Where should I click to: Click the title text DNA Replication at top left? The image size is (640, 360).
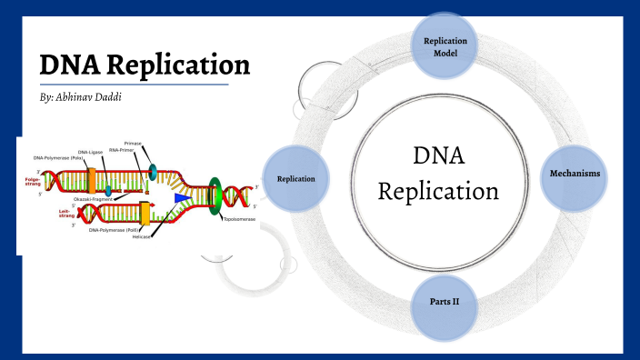pos(145,65)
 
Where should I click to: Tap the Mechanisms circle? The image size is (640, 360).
pos(575,173)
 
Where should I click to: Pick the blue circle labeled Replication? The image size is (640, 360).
pos(295,178)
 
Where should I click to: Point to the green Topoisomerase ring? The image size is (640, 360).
pos(216,196)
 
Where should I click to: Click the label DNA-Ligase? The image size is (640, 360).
pos(91,152)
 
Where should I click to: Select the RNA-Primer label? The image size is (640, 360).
pos(122,152)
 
